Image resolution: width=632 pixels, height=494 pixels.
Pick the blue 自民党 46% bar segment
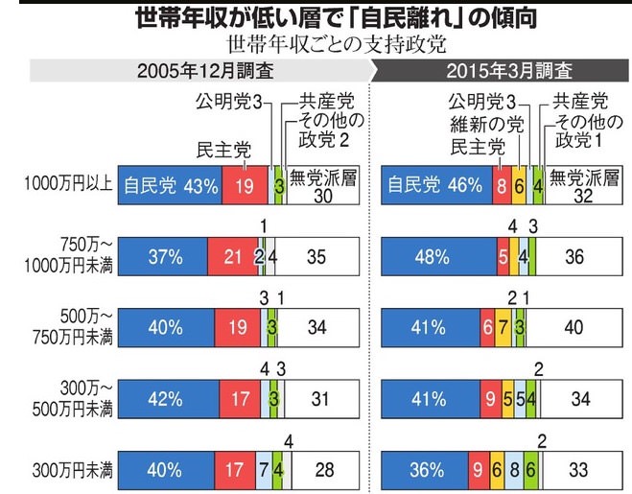tap(436, 185)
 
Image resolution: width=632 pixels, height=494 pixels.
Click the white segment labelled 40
tap(574, 327)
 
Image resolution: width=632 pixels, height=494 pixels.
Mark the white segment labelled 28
tap(325, 470)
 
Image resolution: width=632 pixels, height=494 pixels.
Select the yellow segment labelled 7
tap(503, 327)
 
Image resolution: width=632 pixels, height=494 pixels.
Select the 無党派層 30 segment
tap(321, 185)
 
